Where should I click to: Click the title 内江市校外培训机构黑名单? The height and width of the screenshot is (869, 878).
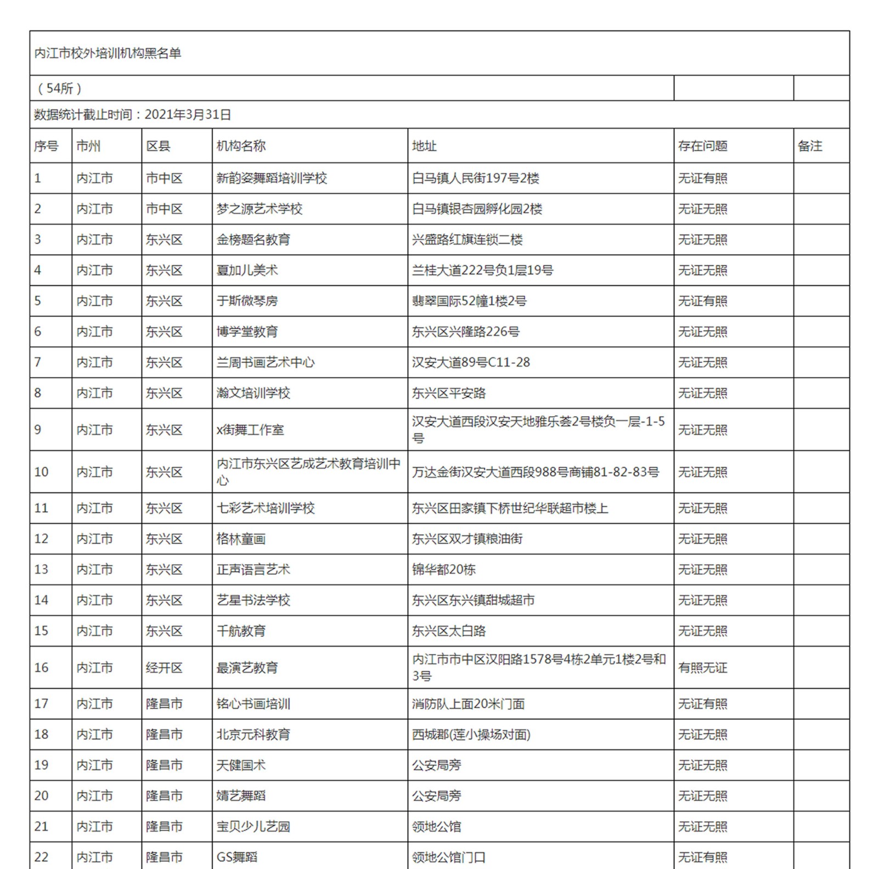click(108, 53)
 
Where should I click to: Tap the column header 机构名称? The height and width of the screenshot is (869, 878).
click(241, 146)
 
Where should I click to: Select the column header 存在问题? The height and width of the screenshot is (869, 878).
click(702, 146)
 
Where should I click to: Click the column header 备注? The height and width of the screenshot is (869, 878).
click(809, 146)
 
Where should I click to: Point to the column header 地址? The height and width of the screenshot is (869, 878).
click(424, 146)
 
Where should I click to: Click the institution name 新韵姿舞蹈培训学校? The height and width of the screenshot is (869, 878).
click(272, 178)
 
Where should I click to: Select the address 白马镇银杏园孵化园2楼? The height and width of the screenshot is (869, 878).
click(477, 209)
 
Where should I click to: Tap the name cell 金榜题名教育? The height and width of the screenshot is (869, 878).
click(253, 240)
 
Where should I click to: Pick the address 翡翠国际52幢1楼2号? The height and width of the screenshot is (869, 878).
click(469, 301)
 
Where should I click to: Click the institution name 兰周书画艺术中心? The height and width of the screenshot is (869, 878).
click(266, 363)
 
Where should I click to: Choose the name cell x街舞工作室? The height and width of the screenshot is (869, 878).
click(250, 430)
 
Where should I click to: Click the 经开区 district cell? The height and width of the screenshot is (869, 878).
click(164, 668)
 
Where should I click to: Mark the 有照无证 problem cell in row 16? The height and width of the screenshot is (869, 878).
click(702, 668)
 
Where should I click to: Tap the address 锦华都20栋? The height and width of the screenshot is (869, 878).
click(444, 570)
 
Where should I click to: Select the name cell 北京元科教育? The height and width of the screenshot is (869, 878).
click(253, 735)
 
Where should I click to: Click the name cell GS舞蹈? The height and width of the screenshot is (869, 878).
click(237, 857)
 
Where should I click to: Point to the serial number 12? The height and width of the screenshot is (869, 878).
click(41, 539)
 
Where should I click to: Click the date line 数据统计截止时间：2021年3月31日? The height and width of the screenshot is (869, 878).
click(132, 115)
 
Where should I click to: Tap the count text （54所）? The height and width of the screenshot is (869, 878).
click(59, 88)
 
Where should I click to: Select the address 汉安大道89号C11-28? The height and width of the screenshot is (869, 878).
click(471, 363)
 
